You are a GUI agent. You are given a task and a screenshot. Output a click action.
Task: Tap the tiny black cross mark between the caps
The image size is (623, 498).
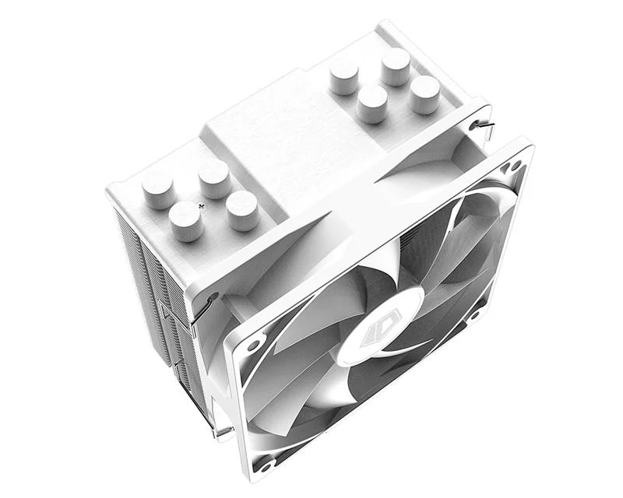pyautogui.click(x=202, y=206)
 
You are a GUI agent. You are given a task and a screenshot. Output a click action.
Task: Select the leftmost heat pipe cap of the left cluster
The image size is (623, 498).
pyautogui.click(x=158, y=189)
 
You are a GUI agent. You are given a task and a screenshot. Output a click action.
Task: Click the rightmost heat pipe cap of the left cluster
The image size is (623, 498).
pyautogui.click(x=242, y=209)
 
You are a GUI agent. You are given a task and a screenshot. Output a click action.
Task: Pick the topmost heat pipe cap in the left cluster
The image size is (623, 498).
pyautogui.click(x=213, y=178)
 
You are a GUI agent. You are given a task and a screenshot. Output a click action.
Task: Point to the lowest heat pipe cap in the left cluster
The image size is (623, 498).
pyautogui.click(x=186, y=220)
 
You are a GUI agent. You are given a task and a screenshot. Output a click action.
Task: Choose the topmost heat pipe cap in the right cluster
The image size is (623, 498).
pyautogui.click(x=396, y=65)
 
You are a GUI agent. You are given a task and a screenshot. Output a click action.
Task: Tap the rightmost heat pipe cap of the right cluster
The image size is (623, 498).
pyautogui.click(x=425, y=93)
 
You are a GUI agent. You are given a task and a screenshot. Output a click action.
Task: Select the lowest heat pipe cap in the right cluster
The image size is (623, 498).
pyautogui.click(x=372, y=103)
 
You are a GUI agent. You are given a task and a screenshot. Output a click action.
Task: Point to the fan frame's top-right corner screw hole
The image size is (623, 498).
pyautogui.click(x=512, y=166)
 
